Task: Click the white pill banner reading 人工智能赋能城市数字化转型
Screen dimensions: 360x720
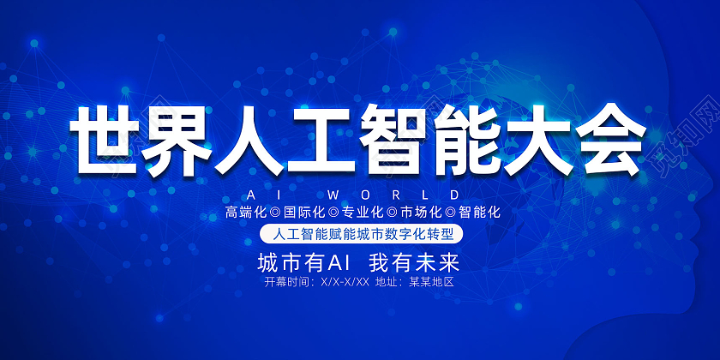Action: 360,233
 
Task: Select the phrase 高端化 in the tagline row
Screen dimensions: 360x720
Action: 244,212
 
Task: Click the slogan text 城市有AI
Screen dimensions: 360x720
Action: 300,260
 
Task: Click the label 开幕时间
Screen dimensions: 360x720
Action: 289,281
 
